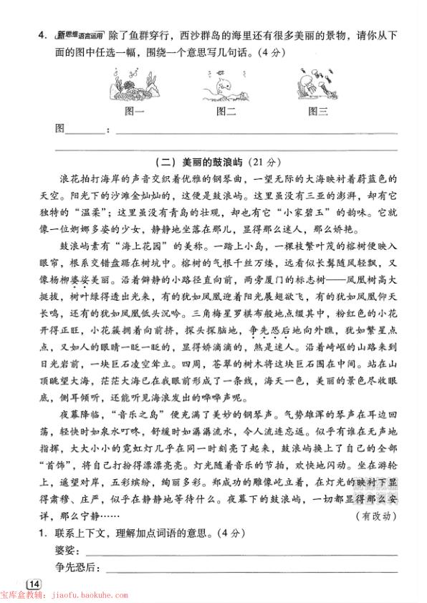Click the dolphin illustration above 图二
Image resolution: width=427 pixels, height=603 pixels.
point(224,88)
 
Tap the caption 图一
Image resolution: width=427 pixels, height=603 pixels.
point(134,111)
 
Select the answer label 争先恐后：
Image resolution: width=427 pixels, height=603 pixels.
point(79,568)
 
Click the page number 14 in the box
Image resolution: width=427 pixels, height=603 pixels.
point(34,584)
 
